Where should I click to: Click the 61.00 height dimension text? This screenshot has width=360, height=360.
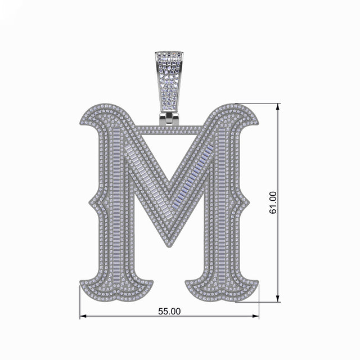pos(273,203)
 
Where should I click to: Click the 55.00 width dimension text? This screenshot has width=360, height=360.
pos(169,310)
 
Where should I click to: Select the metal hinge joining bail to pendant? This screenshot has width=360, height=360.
pos(169,119)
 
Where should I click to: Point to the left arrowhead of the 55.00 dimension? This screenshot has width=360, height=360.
pos(83,317)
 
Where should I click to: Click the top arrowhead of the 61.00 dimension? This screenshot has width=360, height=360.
pos(278,106)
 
